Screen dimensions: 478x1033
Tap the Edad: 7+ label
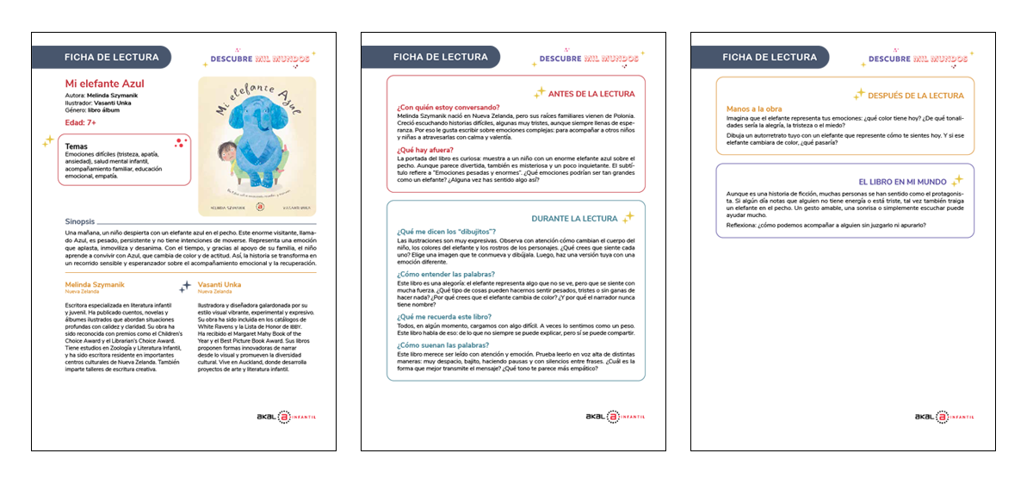tap(81, 123)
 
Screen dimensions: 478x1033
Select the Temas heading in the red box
tap(77, 146)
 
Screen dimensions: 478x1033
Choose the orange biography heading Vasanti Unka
tap(220, 284)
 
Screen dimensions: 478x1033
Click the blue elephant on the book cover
tap(261, 138)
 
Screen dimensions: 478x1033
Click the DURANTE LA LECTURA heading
tap(580, 218)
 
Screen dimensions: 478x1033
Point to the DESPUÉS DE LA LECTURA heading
tap(916, 95)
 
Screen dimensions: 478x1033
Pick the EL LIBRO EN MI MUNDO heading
tap(902, 182)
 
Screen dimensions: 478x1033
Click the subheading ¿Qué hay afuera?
tap(424, 149)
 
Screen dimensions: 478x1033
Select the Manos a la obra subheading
tap(754, 109)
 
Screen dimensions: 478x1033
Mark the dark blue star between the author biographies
tap(184, 286)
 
